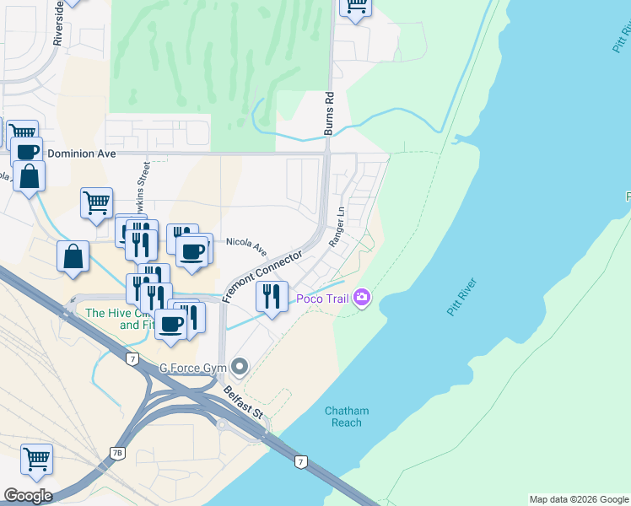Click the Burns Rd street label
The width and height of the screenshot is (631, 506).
(x=330, y=114)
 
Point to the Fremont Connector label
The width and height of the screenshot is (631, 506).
(x=262, y=276)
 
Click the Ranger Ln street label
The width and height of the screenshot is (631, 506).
(x=337, y=226)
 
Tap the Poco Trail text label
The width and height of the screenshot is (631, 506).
(x=321, y=299)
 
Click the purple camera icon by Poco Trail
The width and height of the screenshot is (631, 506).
(x=363, y=298)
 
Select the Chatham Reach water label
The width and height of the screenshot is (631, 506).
(x=347, y=417)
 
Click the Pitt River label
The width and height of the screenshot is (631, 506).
(x=461, y=297)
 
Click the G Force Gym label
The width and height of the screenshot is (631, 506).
(x=195, y=368)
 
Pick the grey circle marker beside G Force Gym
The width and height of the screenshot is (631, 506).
(x=240, y=367)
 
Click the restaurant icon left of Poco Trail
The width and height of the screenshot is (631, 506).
(x=272, y=297)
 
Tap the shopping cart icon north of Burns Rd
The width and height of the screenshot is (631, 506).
(x=356, y=6)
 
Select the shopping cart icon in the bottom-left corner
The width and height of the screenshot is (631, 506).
(x=37, y=460)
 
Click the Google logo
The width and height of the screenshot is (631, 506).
(x=28, y=496)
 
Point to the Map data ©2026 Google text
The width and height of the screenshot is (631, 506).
(x=579, y=499)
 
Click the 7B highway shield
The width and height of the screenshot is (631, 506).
(x=117, y=453)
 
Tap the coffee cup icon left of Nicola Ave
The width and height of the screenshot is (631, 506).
(x=191, y=251)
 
